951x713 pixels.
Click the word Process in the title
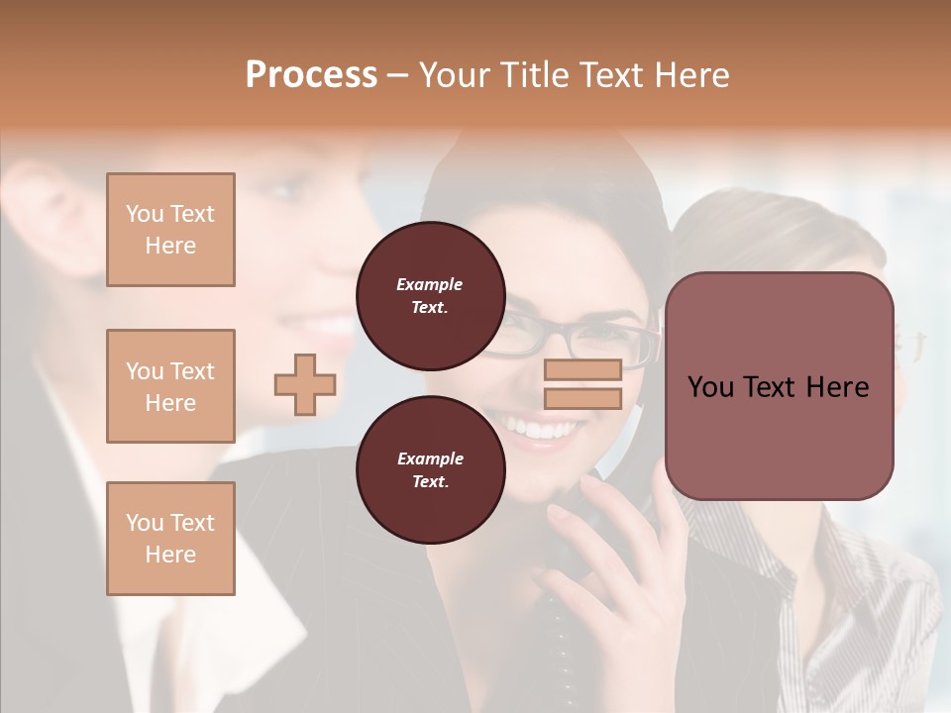[x=311, y=75]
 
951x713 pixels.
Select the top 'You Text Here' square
[x=170, y=230]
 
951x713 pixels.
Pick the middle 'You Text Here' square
[x=170, y=386]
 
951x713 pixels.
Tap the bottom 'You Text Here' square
[x=170, y=539]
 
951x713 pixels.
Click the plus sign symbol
[x=305, y=384]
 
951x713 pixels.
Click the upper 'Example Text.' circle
[x=430, y=295]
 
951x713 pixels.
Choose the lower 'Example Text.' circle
[x=430, y=469]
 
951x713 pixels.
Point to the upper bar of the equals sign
[x=582, y=369]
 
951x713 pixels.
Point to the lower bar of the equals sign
[x=582, y=398]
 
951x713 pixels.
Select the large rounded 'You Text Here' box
[x=779, y=386]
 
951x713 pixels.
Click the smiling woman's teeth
[x=540, y=429]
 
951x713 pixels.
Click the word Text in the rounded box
[x=778, y=387]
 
